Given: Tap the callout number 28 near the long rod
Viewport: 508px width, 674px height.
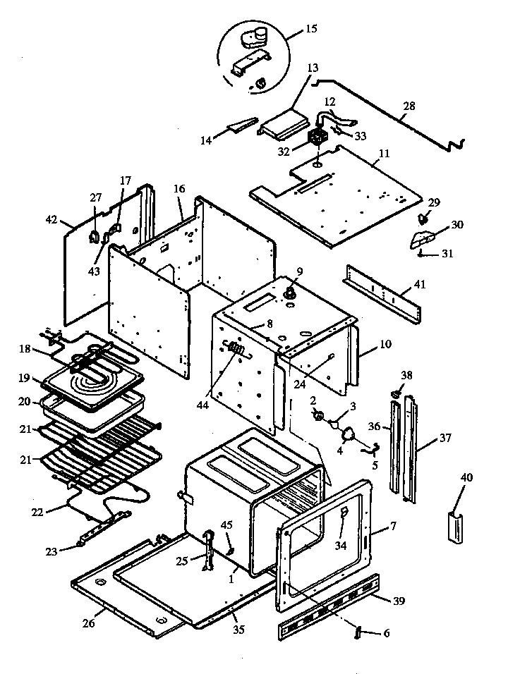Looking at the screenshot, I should (409, 106).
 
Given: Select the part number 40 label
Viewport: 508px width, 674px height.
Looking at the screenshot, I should (466, 477).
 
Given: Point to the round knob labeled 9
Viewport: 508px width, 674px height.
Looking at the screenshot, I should (290, 291).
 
